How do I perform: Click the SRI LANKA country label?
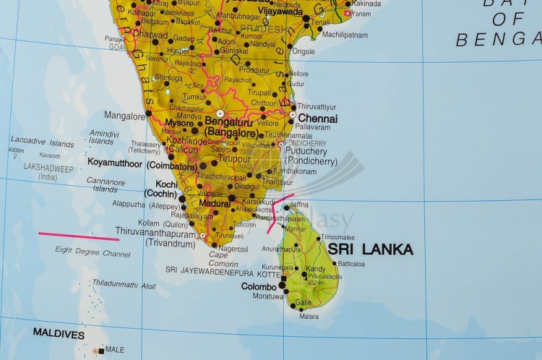coord(371,249)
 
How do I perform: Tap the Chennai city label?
coord(317,118)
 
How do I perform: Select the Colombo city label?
coord(259,286)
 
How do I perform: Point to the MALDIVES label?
coord(59,335)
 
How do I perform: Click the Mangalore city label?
coord(124,115)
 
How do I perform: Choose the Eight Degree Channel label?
coord(93,253)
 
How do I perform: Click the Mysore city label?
coord(180,122)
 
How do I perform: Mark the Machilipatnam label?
coord(345,34)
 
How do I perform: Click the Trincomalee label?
coord(338,237)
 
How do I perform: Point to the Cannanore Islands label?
coord(105,185)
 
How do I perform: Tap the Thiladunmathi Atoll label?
coord(124,286)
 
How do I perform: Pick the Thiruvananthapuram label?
coord(155,233)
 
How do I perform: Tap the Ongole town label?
coord(304,51)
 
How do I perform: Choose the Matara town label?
coord(309,316)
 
